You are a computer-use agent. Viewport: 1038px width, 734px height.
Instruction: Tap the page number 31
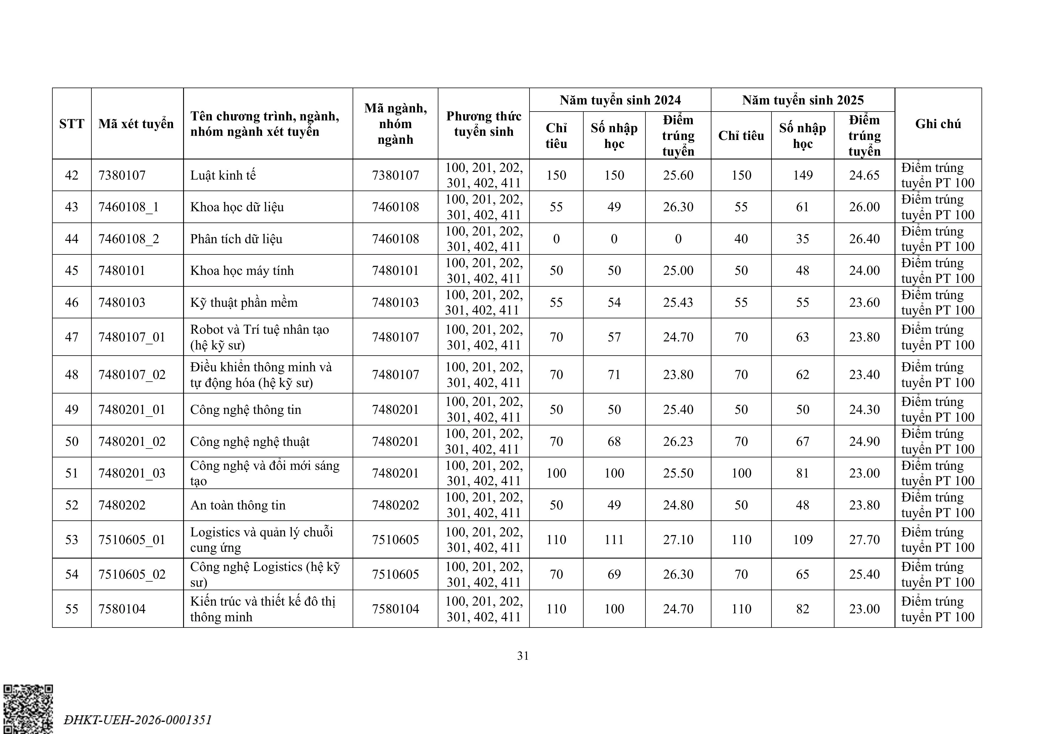point(523,656)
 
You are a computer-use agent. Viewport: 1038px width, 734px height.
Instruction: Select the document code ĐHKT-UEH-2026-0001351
point(138,720)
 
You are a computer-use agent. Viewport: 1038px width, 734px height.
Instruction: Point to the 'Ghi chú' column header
point(938,123)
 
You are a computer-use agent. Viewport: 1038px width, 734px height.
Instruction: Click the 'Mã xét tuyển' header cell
point(136,123)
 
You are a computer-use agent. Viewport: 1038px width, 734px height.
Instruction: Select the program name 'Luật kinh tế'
point(223,175)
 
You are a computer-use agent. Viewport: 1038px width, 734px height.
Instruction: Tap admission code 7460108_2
point(129,239)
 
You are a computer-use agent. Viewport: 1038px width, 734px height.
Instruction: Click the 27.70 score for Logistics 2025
point(864,540)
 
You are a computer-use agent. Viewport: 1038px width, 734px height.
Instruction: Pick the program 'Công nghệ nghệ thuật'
point(250,441)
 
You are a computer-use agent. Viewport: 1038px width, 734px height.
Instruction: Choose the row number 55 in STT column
point(72,609)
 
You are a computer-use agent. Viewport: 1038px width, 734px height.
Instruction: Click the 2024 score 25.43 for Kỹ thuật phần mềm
point(678,302)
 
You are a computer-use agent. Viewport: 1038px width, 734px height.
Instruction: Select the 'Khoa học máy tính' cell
point(242,270)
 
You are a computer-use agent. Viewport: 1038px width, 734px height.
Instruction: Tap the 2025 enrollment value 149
point(803,175)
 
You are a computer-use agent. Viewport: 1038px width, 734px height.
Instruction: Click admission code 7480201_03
point(132,473)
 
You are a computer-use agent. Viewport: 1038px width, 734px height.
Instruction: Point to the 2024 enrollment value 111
point(614,540)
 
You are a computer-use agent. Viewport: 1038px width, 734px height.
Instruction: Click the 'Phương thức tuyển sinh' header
point(483,123)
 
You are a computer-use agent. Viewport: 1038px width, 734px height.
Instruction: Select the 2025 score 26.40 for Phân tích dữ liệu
point(864,239)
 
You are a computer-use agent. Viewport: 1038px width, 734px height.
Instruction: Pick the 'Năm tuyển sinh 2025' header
point(803,100)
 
